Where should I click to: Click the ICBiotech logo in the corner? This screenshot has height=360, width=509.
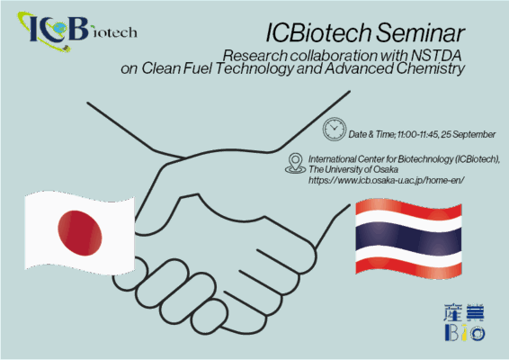pyautogui.click(x=77, y=31)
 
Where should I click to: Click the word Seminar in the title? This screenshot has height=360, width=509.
pyautogui.click(x=420, y=32)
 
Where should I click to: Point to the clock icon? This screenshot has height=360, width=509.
pyautogui.click(x=335, y=129)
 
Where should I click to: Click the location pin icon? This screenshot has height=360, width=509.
pyautogui.click(x=295, y=164)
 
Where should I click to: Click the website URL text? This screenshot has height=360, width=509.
pyautogui.click(x=387, y=180)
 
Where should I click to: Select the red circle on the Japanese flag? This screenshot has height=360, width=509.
pyautogui.click(x=80, y=232)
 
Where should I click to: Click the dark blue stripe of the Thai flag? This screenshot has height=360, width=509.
pyautogui.click(x=408, y=238)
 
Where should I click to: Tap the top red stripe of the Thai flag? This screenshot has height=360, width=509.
pyautogui.click(x=408, y=208)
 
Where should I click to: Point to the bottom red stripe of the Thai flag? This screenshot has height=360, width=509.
pyautogui.click(x=408, y=268)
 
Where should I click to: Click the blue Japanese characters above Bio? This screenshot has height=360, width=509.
pyautogui.click(x=464, y=313)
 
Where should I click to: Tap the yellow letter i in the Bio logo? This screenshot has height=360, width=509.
pyautogui.click(x=464, y=332)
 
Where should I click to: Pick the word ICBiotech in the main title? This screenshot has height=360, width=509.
pyautogui.click(x=318, y=32)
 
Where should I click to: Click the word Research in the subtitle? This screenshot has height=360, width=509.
pyautogui.click(x=255, y=56)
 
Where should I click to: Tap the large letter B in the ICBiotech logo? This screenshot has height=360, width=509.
pyautogui.click(x=77, y=29)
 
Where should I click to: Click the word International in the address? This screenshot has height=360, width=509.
pyautogui.click(x=332, y=159)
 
